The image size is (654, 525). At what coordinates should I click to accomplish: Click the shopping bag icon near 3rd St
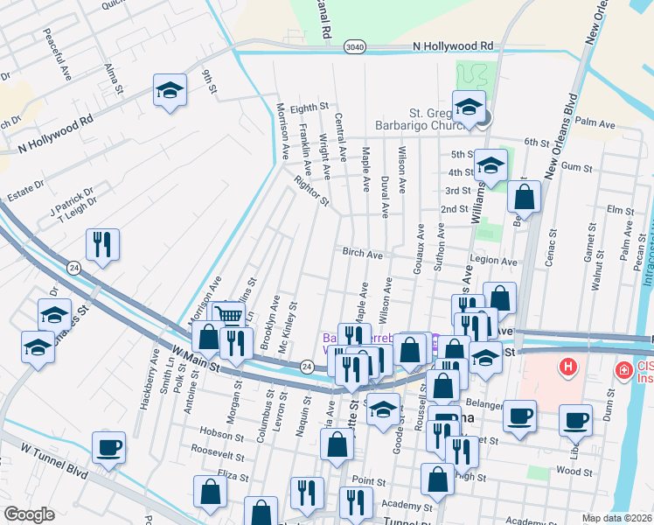click(524, 197)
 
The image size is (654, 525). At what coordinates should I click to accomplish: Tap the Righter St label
click(311, 192)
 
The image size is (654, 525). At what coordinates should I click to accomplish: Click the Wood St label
click(574, 472)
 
